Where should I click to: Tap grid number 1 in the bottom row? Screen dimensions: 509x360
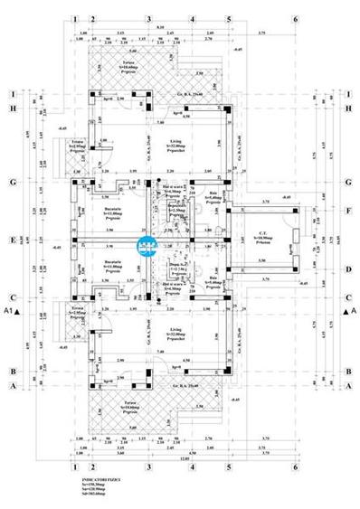pyautogui.click(x=72, y=469)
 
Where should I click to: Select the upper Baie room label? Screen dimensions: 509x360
pyautogui.click(x=214, y=193)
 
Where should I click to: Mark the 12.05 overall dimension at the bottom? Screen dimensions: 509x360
pyautogui.click(x=184, y=458)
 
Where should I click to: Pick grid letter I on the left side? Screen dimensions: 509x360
pyautogui.click(x=13, y=94)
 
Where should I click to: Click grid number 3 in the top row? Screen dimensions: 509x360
pyautogui.click(x=148, y=17)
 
